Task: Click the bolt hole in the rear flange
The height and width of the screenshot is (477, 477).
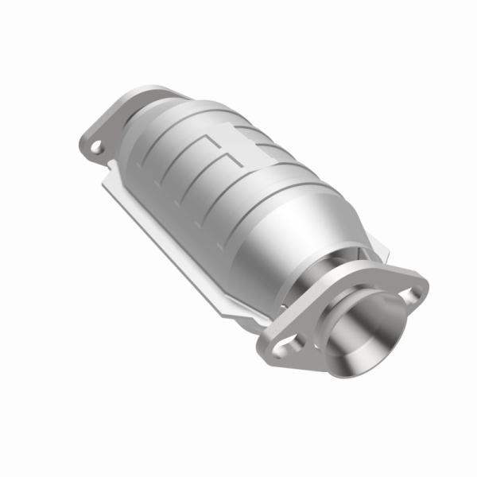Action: [x=96, y=146]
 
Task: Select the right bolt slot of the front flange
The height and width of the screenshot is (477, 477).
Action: [x=411, y=295]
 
